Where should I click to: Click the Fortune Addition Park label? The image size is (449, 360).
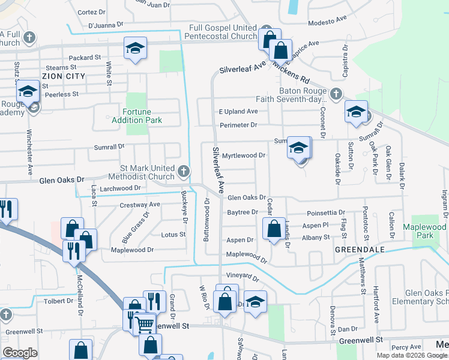137,116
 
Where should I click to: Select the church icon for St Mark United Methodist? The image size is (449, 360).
184,172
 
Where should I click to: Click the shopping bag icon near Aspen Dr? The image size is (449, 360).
274,229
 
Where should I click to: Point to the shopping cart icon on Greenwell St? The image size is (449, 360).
144,325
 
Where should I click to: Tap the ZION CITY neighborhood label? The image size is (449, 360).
62,76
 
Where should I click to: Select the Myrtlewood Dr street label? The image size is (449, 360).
244,155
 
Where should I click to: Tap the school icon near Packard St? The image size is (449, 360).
136,49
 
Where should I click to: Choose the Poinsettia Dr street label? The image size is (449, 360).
326,212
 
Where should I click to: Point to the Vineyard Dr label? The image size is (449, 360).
243,278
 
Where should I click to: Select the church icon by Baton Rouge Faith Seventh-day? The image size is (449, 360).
336,94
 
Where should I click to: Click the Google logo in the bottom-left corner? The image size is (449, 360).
19,352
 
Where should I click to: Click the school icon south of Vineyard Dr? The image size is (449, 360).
255,302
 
